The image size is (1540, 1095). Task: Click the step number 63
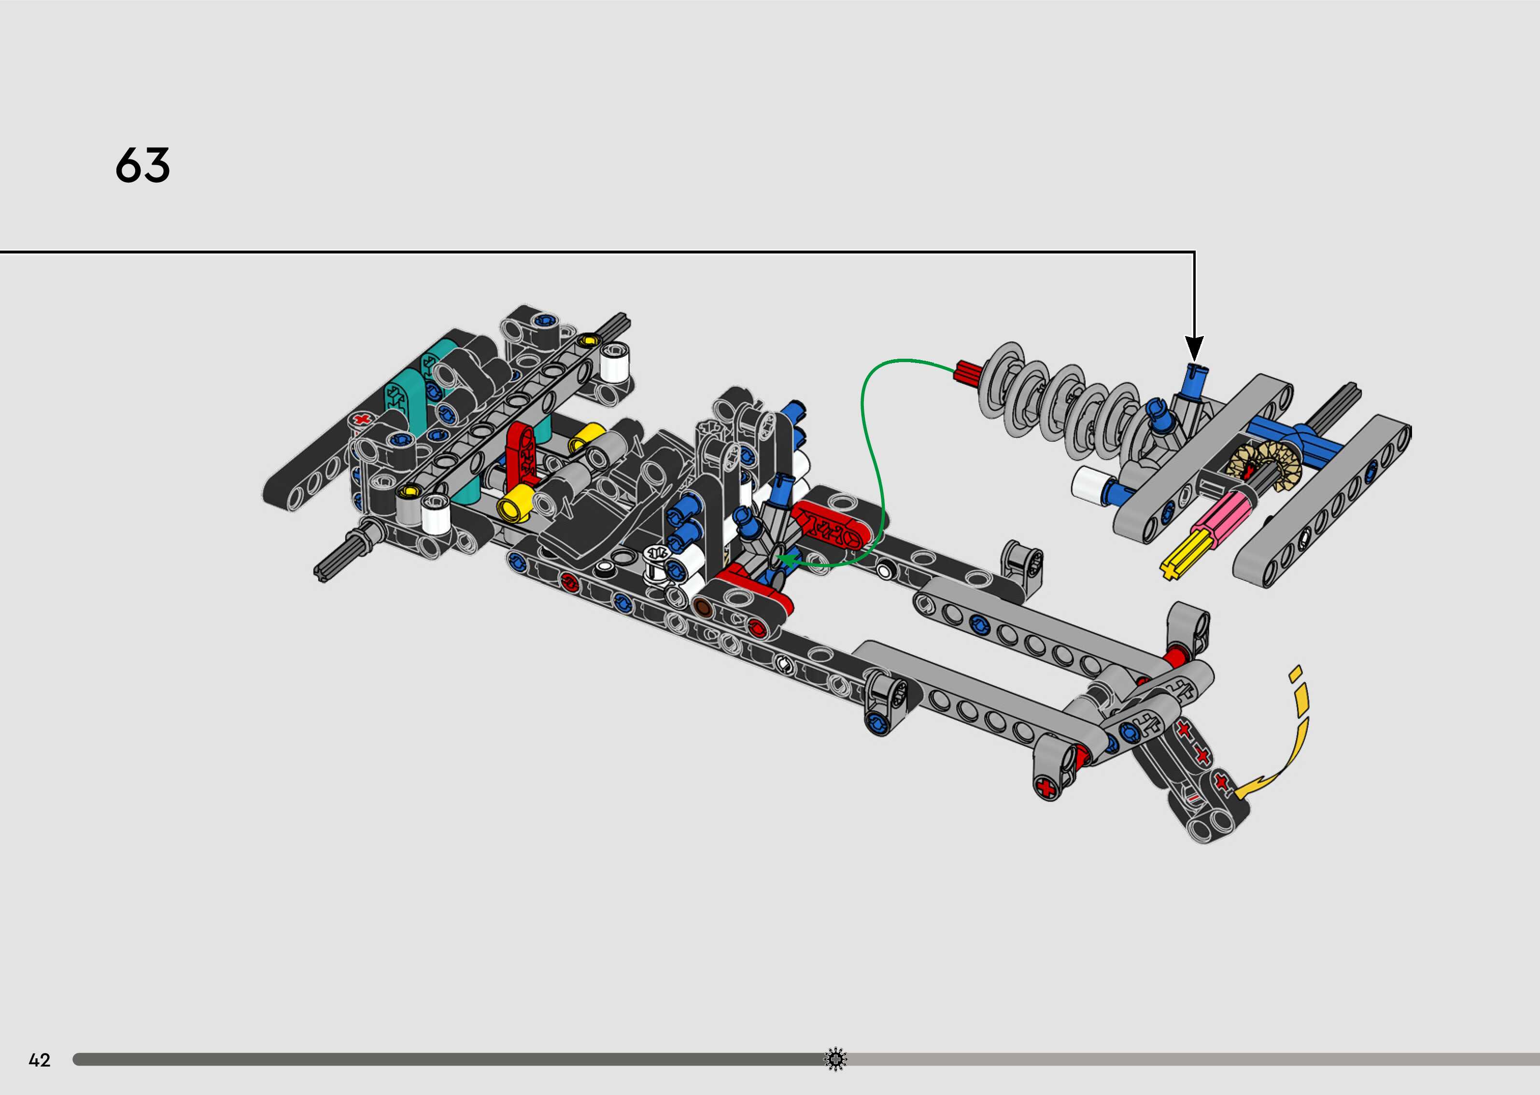(142, 165)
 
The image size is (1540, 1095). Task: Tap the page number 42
(40, 1060)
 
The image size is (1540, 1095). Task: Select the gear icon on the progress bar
(835, 1059)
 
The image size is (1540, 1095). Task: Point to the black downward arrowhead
(1194, 349)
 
